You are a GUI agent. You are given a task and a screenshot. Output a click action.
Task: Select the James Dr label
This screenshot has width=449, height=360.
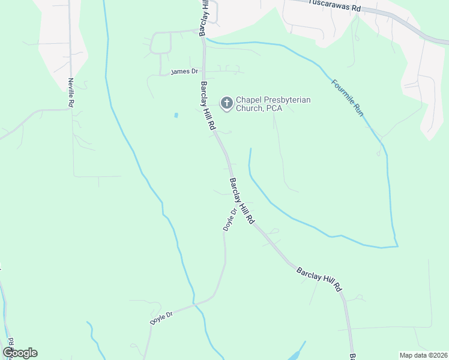(x=184, y=71)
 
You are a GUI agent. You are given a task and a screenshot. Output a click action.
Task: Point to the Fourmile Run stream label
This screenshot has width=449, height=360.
(x=348, y=97)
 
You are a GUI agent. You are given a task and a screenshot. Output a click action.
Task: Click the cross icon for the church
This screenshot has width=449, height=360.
(x=227, y=104)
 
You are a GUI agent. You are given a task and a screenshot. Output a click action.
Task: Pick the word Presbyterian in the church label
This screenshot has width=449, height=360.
(x=288, y=100)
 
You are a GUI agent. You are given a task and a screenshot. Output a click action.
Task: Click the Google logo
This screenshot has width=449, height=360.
(x=20, y=353)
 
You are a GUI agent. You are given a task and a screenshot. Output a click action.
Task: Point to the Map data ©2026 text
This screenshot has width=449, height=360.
(x=423, y=355)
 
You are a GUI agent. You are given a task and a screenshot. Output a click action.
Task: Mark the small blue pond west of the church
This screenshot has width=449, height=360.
(x=176, y=115)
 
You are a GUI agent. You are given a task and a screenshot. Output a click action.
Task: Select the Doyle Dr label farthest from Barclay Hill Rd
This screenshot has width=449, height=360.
(x=161, y=318)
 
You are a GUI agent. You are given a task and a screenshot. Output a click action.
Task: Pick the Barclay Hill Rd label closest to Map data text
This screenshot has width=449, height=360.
(x=319, y=280)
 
